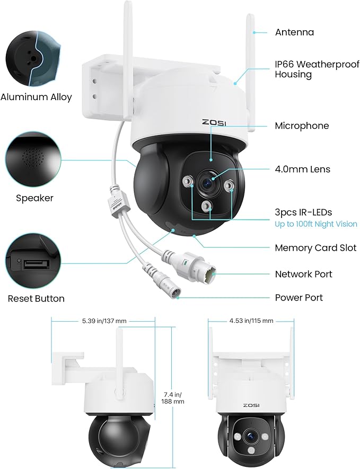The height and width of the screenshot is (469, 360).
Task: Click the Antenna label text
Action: [294, 32]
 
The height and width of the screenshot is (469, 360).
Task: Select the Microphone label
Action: [302, 126]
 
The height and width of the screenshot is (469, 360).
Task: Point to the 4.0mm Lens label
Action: [302, 170]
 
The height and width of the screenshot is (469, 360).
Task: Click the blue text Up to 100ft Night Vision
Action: [315, 224]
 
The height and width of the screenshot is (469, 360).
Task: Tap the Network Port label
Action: [303, 274]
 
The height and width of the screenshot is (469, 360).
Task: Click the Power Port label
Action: [299, 298]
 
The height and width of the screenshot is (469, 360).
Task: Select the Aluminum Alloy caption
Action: [36, 98]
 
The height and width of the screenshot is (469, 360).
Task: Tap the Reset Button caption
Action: [36, 299]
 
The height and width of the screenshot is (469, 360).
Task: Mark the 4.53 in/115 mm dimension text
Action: [251, 321]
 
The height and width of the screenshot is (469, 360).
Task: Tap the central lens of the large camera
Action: [207, 183]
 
